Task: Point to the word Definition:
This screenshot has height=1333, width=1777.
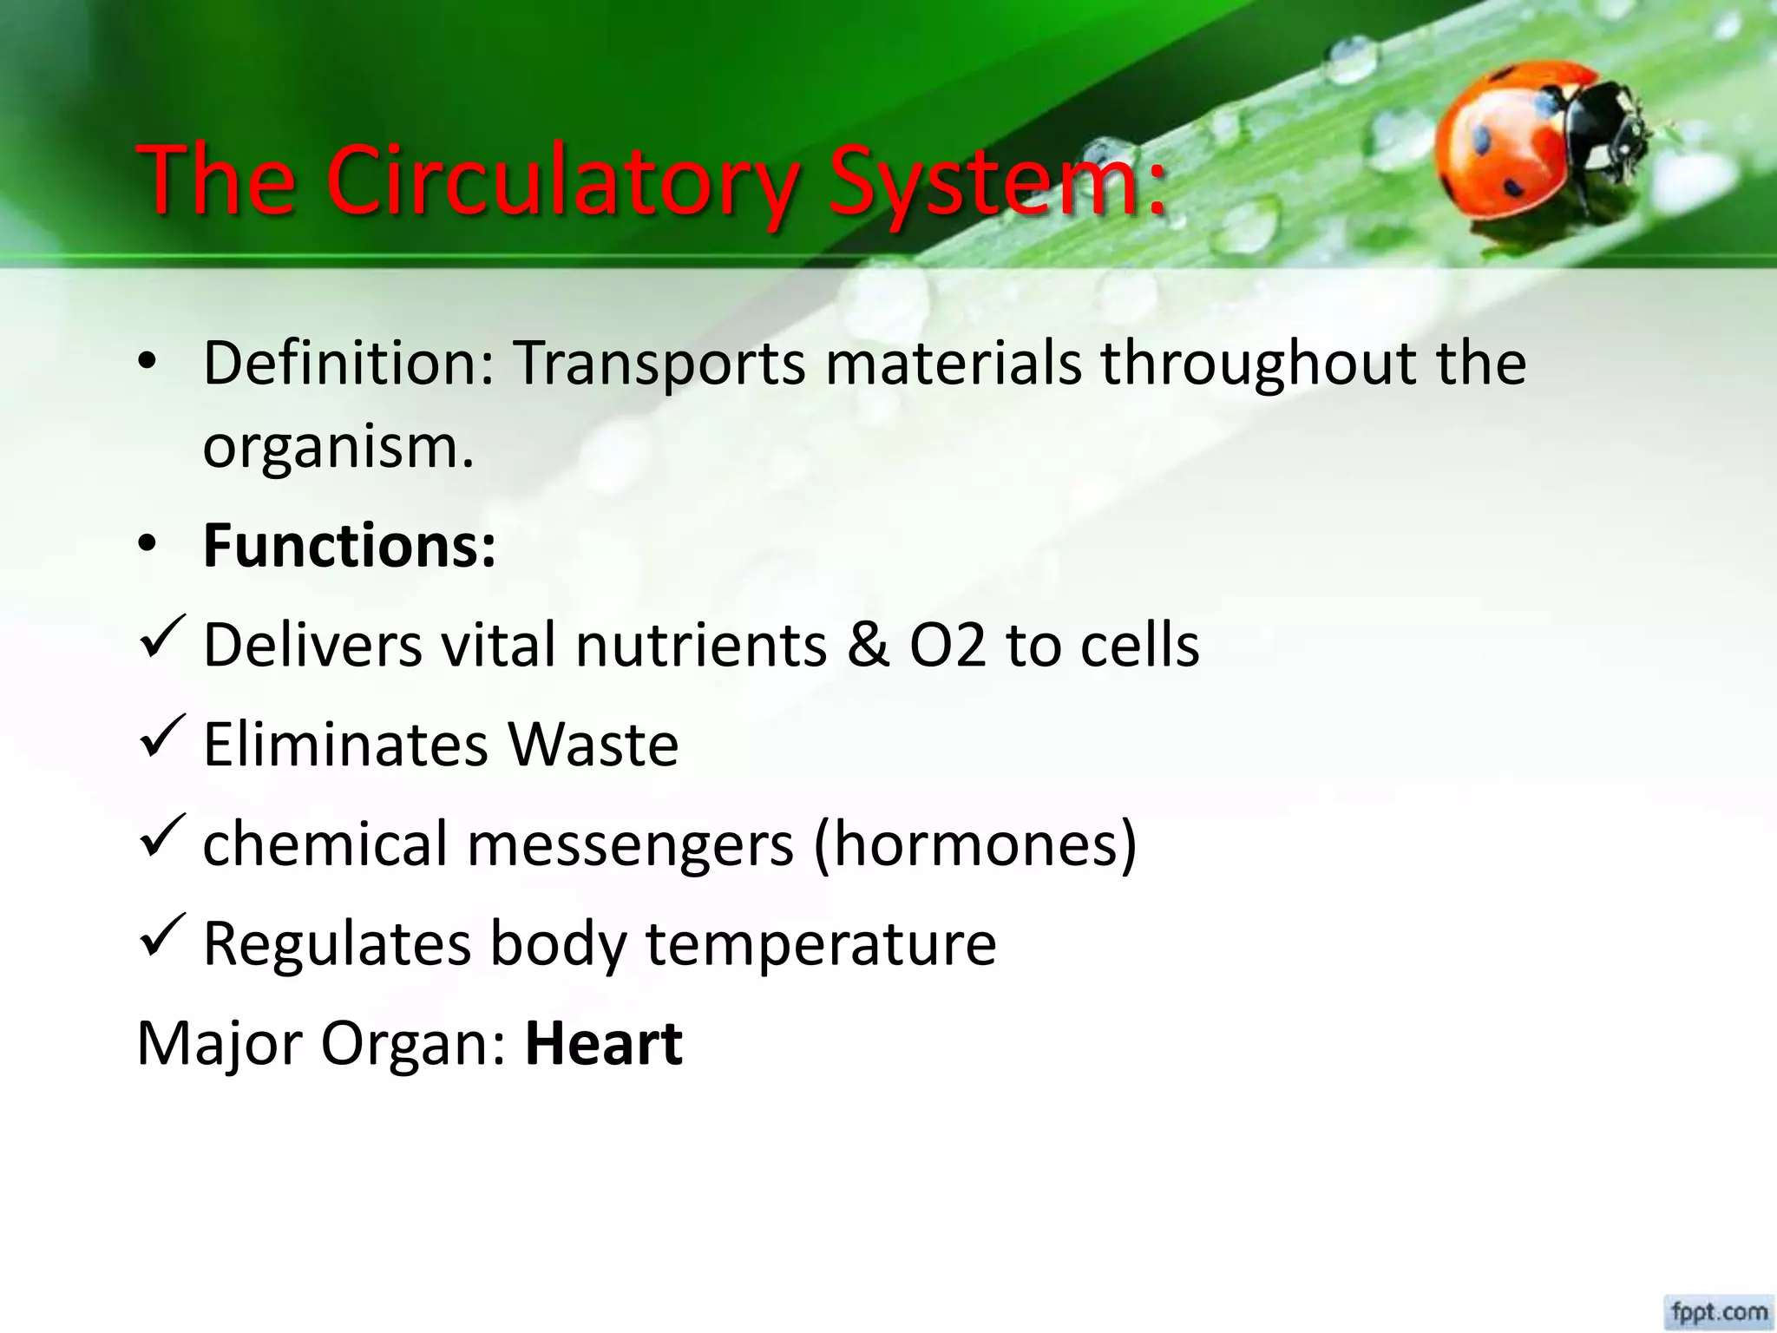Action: [x=348, y=363]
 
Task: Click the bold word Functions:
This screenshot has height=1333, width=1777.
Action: [x=350, y=547]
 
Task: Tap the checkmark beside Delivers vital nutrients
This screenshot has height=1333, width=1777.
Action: [x=161, y=638]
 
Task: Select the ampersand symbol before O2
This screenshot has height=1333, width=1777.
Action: [x=868, y=646]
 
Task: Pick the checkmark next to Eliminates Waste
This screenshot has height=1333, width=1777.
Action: [x=161, y=738]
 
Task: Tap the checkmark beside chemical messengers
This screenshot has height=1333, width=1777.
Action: [x=161, y=837]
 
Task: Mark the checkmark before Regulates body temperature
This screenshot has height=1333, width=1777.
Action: [x=161, y=936]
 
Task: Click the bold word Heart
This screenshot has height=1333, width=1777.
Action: [x=604, y=1043]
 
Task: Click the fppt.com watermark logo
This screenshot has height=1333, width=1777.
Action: [x=1719, y=1310]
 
